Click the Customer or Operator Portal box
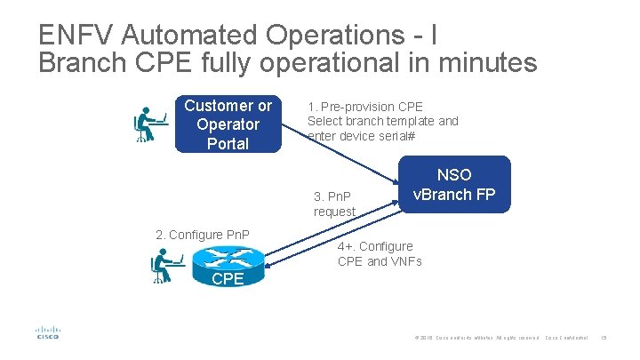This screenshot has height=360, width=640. tap(228, 124)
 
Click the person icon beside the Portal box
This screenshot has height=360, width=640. tap(150, 124)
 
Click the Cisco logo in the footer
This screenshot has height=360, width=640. tap(47, 332)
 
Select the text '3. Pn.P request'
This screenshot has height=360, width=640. tap(334, 204)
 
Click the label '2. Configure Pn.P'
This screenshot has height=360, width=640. tap(203, 235)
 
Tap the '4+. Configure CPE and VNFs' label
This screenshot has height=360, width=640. tap(380, 253)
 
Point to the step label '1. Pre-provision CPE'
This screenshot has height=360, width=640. tap(365, 105)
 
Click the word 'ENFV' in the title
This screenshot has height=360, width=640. tap(76, 36)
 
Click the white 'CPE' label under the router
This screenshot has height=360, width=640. tap(228, 279)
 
